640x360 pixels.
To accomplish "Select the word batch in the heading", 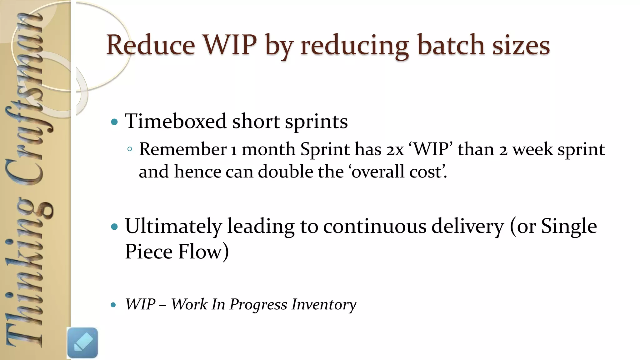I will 451,45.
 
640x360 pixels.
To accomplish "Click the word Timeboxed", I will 175,121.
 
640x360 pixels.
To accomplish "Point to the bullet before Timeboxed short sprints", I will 114,122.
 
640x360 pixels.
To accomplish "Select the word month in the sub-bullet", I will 268,149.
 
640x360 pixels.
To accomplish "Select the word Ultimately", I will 173,226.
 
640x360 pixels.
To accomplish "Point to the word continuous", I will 374,226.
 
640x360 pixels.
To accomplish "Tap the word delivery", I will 467,226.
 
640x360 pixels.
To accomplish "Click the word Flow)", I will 203,252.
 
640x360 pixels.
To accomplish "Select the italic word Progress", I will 258,304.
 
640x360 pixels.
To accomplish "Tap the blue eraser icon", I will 82,343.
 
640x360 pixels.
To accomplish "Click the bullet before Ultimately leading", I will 114,227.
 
